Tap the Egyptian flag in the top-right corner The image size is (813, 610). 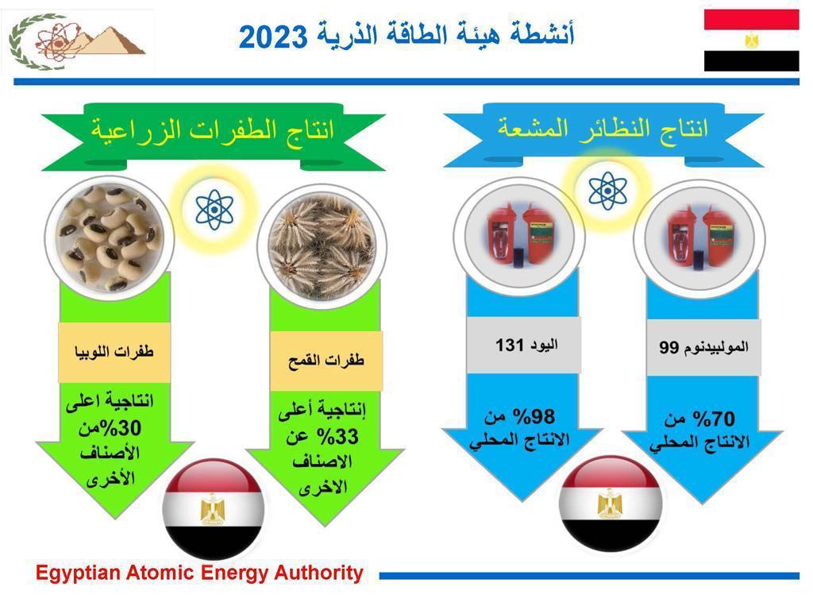(751, 41)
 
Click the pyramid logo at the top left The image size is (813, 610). (78, 41)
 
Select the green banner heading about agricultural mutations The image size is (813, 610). (213, 136)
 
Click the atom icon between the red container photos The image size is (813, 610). (607, 191)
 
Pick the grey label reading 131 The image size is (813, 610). (524, 345)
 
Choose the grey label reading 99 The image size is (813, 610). (703, 347)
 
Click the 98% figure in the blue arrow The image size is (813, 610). (534, 416)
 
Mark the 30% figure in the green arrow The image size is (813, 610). (121, 428)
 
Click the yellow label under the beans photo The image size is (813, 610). (114, 352)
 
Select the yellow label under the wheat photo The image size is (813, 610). (326, 361)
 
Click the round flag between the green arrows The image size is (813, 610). (214, 509)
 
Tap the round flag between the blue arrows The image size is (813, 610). (611, 504)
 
